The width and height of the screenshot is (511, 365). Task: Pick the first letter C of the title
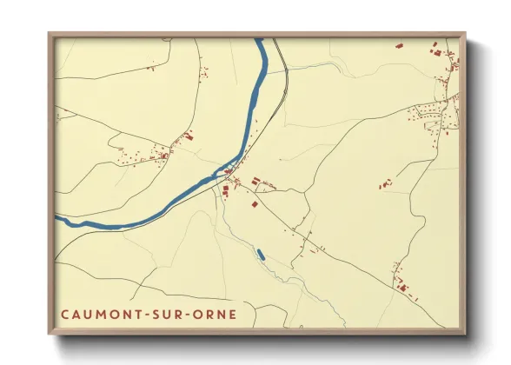65,312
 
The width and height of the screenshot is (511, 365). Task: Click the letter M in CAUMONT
103,312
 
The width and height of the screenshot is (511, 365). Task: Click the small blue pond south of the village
260,255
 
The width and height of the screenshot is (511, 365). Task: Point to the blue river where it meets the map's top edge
259,41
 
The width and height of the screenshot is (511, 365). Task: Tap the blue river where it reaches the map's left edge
58,218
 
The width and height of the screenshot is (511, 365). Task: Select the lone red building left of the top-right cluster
399,46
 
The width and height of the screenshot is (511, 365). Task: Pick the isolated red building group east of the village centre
385,183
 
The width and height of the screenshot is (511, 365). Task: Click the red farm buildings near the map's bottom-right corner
401,283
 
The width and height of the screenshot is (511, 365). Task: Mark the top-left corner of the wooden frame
50,34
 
